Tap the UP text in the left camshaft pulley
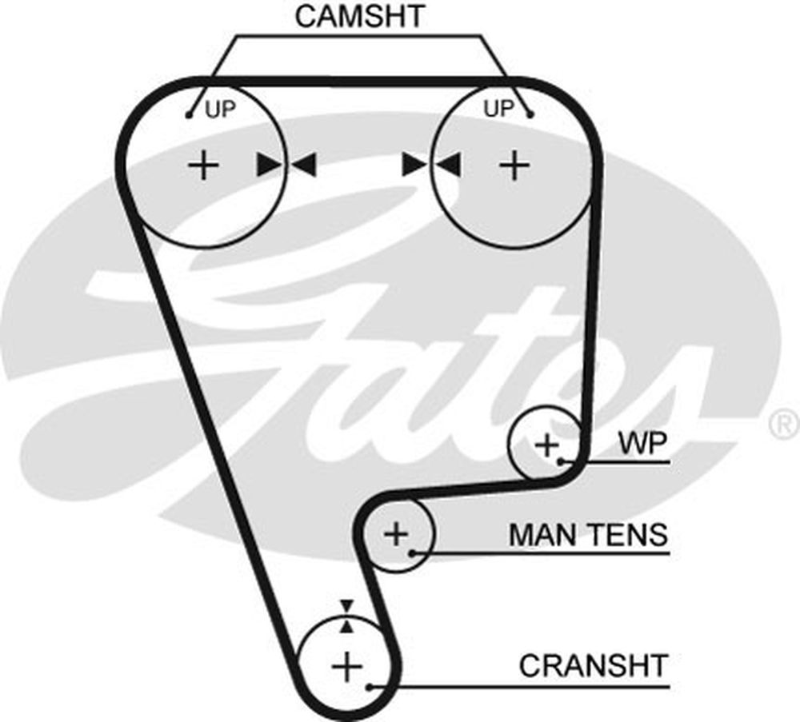pyautogui.click(x=221, y=110)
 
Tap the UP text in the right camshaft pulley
pyautogui.click(x=498, y=109)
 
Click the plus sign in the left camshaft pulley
pyautogui.click(x=204, y=166)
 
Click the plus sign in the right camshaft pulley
pyautogui.click(x=514, y=166)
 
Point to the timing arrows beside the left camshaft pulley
pyautogui.click(x=286, y=165)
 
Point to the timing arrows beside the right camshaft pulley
pyautogui.click(x=431, y=165)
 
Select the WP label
pyautogui.click(x=642, y=445)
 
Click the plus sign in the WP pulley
pyautogui.click(x=547, y=445)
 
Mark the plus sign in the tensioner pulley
pyautogui.click(x=396, y=533)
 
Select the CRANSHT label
pyautogui.click(x=593, y=664)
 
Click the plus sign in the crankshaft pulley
pyautogui.click(x=347, y=665)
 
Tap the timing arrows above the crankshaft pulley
pyautogui.click(x=346, y=616)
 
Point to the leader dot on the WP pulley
pyautogui.click(x=563, y=461)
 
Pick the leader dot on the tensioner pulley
pyautogui.click(x=413, y=552)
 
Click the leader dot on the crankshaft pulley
pyautogui.click(x=369, y=686)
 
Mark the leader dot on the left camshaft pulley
pyautogui.click(x=190, y=115)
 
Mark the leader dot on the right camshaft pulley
pyautogui.click(x=530, y=115)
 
